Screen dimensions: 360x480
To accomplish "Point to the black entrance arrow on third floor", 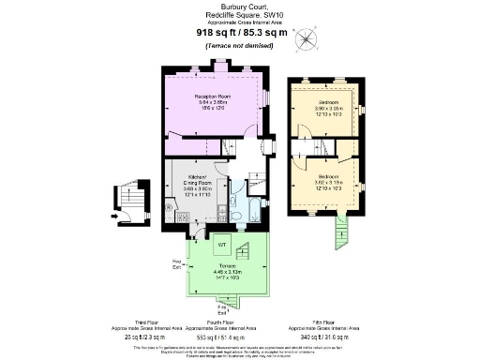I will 115,216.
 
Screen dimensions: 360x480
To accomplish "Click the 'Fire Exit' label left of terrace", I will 175,263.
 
